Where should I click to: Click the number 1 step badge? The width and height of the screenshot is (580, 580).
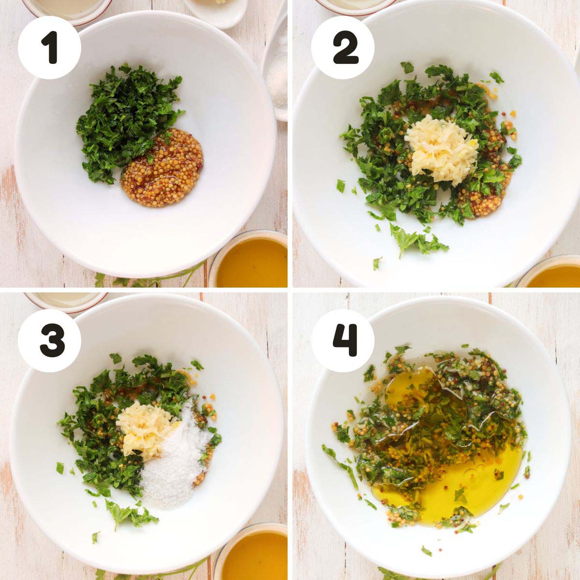49,47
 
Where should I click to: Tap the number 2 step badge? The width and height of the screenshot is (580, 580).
343,47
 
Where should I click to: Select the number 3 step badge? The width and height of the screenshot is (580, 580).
49,341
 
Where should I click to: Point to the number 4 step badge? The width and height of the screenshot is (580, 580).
343,341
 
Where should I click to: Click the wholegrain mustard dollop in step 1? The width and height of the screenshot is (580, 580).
162,168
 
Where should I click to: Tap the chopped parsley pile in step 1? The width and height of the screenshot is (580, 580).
127,120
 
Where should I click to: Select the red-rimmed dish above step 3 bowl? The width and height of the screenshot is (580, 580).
66,302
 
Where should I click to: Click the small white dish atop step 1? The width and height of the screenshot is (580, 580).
216,12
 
